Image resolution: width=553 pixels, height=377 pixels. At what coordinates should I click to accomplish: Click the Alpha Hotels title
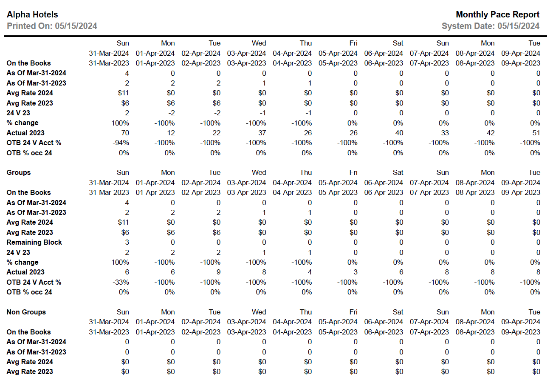tap(32, 15)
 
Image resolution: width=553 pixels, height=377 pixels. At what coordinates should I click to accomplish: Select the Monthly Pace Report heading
tap(497, 15)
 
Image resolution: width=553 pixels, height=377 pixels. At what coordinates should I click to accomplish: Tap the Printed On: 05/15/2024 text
tap(52, 26)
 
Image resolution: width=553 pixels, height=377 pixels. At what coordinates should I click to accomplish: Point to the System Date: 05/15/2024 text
tap(491, 26)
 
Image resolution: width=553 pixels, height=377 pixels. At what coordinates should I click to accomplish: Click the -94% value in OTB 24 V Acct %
tap(121, 143)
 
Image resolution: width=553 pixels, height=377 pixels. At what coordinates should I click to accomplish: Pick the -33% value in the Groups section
tap(121, 282)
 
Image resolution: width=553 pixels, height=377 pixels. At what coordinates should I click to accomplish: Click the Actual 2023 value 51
tap(536, 133)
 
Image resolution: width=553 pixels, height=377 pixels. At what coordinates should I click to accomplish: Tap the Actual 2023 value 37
tap(262, 133)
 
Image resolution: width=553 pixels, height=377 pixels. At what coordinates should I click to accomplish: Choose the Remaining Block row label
tap(34, 242)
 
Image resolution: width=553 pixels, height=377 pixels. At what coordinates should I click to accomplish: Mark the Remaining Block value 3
tap(127, 242)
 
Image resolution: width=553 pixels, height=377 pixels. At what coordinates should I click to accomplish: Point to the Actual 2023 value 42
tap(490, 133)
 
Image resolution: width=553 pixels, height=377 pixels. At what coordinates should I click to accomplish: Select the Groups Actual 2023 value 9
tap(218, 272)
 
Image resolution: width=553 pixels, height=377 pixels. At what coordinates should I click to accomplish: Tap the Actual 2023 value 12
tap(170, 133)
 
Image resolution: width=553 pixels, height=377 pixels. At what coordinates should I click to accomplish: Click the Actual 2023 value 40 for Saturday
tap(399, 133)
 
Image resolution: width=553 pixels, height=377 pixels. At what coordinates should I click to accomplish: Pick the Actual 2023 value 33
tap(444, 133)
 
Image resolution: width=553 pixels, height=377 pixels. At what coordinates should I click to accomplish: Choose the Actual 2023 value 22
tap(216, 133)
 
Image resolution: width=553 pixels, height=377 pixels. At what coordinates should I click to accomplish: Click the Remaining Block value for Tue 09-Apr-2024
tap(538, 242)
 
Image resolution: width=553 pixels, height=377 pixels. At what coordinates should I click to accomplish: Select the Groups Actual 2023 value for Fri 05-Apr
tap(355, 272)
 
